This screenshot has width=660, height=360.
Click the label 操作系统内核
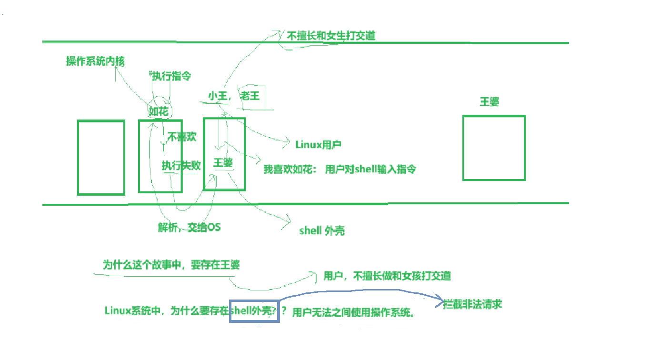tap(95, 61)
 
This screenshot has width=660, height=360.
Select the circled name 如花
tap(159, 111)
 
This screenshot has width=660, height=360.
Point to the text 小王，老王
tap(234, 96)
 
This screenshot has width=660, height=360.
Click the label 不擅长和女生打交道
tap(331, 36)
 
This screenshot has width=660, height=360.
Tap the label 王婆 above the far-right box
tap(489, 101)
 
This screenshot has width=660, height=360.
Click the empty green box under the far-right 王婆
tap(493, 148)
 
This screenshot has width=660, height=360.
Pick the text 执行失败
tap(181, 165)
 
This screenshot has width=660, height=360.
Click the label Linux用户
tap(318, 144)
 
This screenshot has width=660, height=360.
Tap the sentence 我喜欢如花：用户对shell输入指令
tap(340, 169)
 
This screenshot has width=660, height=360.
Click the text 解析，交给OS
tap(190, 227)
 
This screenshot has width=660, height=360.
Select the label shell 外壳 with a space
tap(322, 231)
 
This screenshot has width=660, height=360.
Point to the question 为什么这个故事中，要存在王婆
tap(171, 265)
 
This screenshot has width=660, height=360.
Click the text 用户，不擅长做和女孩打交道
tap(387, 276)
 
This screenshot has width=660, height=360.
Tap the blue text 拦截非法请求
tap(472, 304)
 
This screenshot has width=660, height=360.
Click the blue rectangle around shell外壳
tap(254, 310)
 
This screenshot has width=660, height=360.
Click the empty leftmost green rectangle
tap(101, 157)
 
